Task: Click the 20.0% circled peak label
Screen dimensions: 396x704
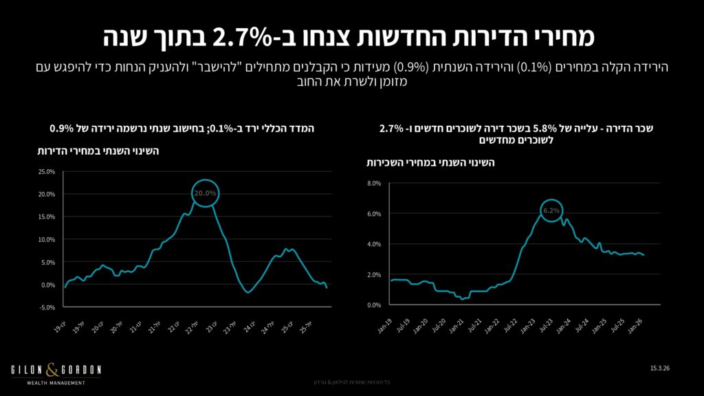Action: point(206,194)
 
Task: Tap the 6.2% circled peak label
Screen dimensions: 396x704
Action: point(552,210)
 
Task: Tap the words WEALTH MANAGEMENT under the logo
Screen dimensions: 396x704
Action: point(56,383)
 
